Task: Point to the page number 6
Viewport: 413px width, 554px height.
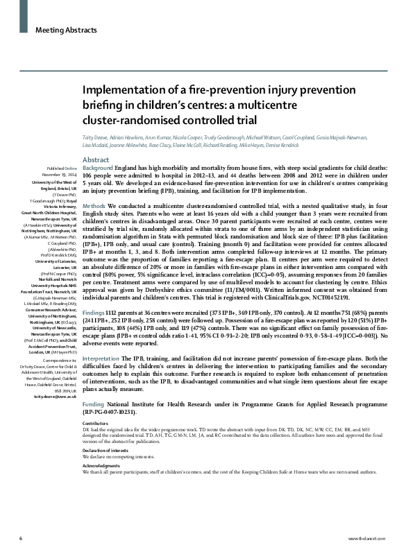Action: pos(21,538)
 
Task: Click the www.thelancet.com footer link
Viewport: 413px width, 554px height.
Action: pos(375,538)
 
